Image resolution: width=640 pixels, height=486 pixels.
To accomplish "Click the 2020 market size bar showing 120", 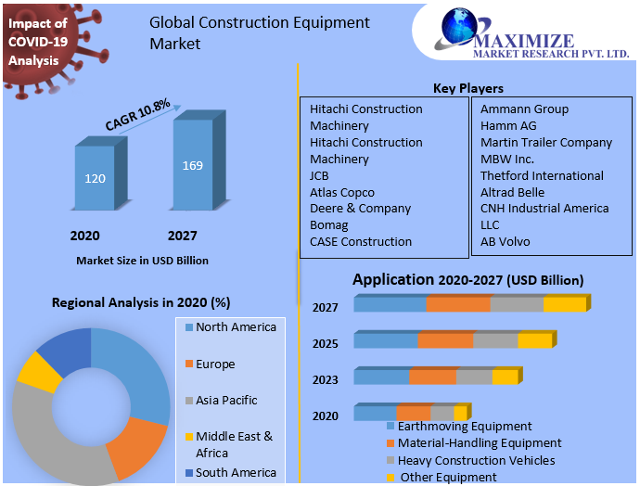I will tap(96, 177).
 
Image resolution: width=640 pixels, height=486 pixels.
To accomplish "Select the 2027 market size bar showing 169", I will tap(193, 165).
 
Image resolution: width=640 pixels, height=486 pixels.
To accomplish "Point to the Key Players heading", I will tap(468, 88).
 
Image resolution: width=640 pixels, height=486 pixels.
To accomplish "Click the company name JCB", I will tap(321, 175).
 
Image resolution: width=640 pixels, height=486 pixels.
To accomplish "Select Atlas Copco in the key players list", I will tap(342, 192).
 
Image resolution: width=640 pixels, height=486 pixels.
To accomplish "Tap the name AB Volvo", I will tap(506, 241).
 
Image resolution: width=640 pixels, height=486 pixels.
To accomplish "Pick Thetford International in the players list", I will tap(542, 175).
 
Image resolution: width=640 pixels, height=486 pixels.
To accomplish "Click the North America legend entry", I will tap(235, 326).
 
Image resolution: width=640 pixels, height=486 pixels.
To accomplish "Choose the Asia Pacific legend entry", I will tap(225, 400).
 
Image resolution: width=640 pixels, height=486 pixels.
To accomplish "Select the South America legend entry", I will tap(235, 472).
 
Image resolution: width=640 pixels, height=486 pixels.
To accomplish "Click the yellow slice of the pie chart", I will tap(39, 369).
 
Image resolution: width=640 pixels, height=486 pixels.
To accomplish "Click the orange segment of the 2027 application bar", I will tap(458, 304).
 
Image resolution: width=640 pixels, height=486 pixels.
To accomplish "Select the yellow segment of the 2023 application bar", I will tap(505, 377).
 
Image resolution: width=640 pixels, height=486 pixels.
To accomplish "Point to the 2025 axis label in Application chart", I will tap(326, 343).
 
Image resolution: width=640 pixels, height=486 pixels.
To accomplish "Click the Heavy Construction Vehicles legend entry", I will tap(476, 460).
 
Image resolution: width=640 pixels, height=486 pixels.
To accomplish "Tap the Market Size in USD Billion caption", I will tap(142, 261).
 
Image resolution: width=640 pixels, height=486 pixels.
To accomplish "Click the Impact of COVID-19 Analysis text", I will tap(37, 42).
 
